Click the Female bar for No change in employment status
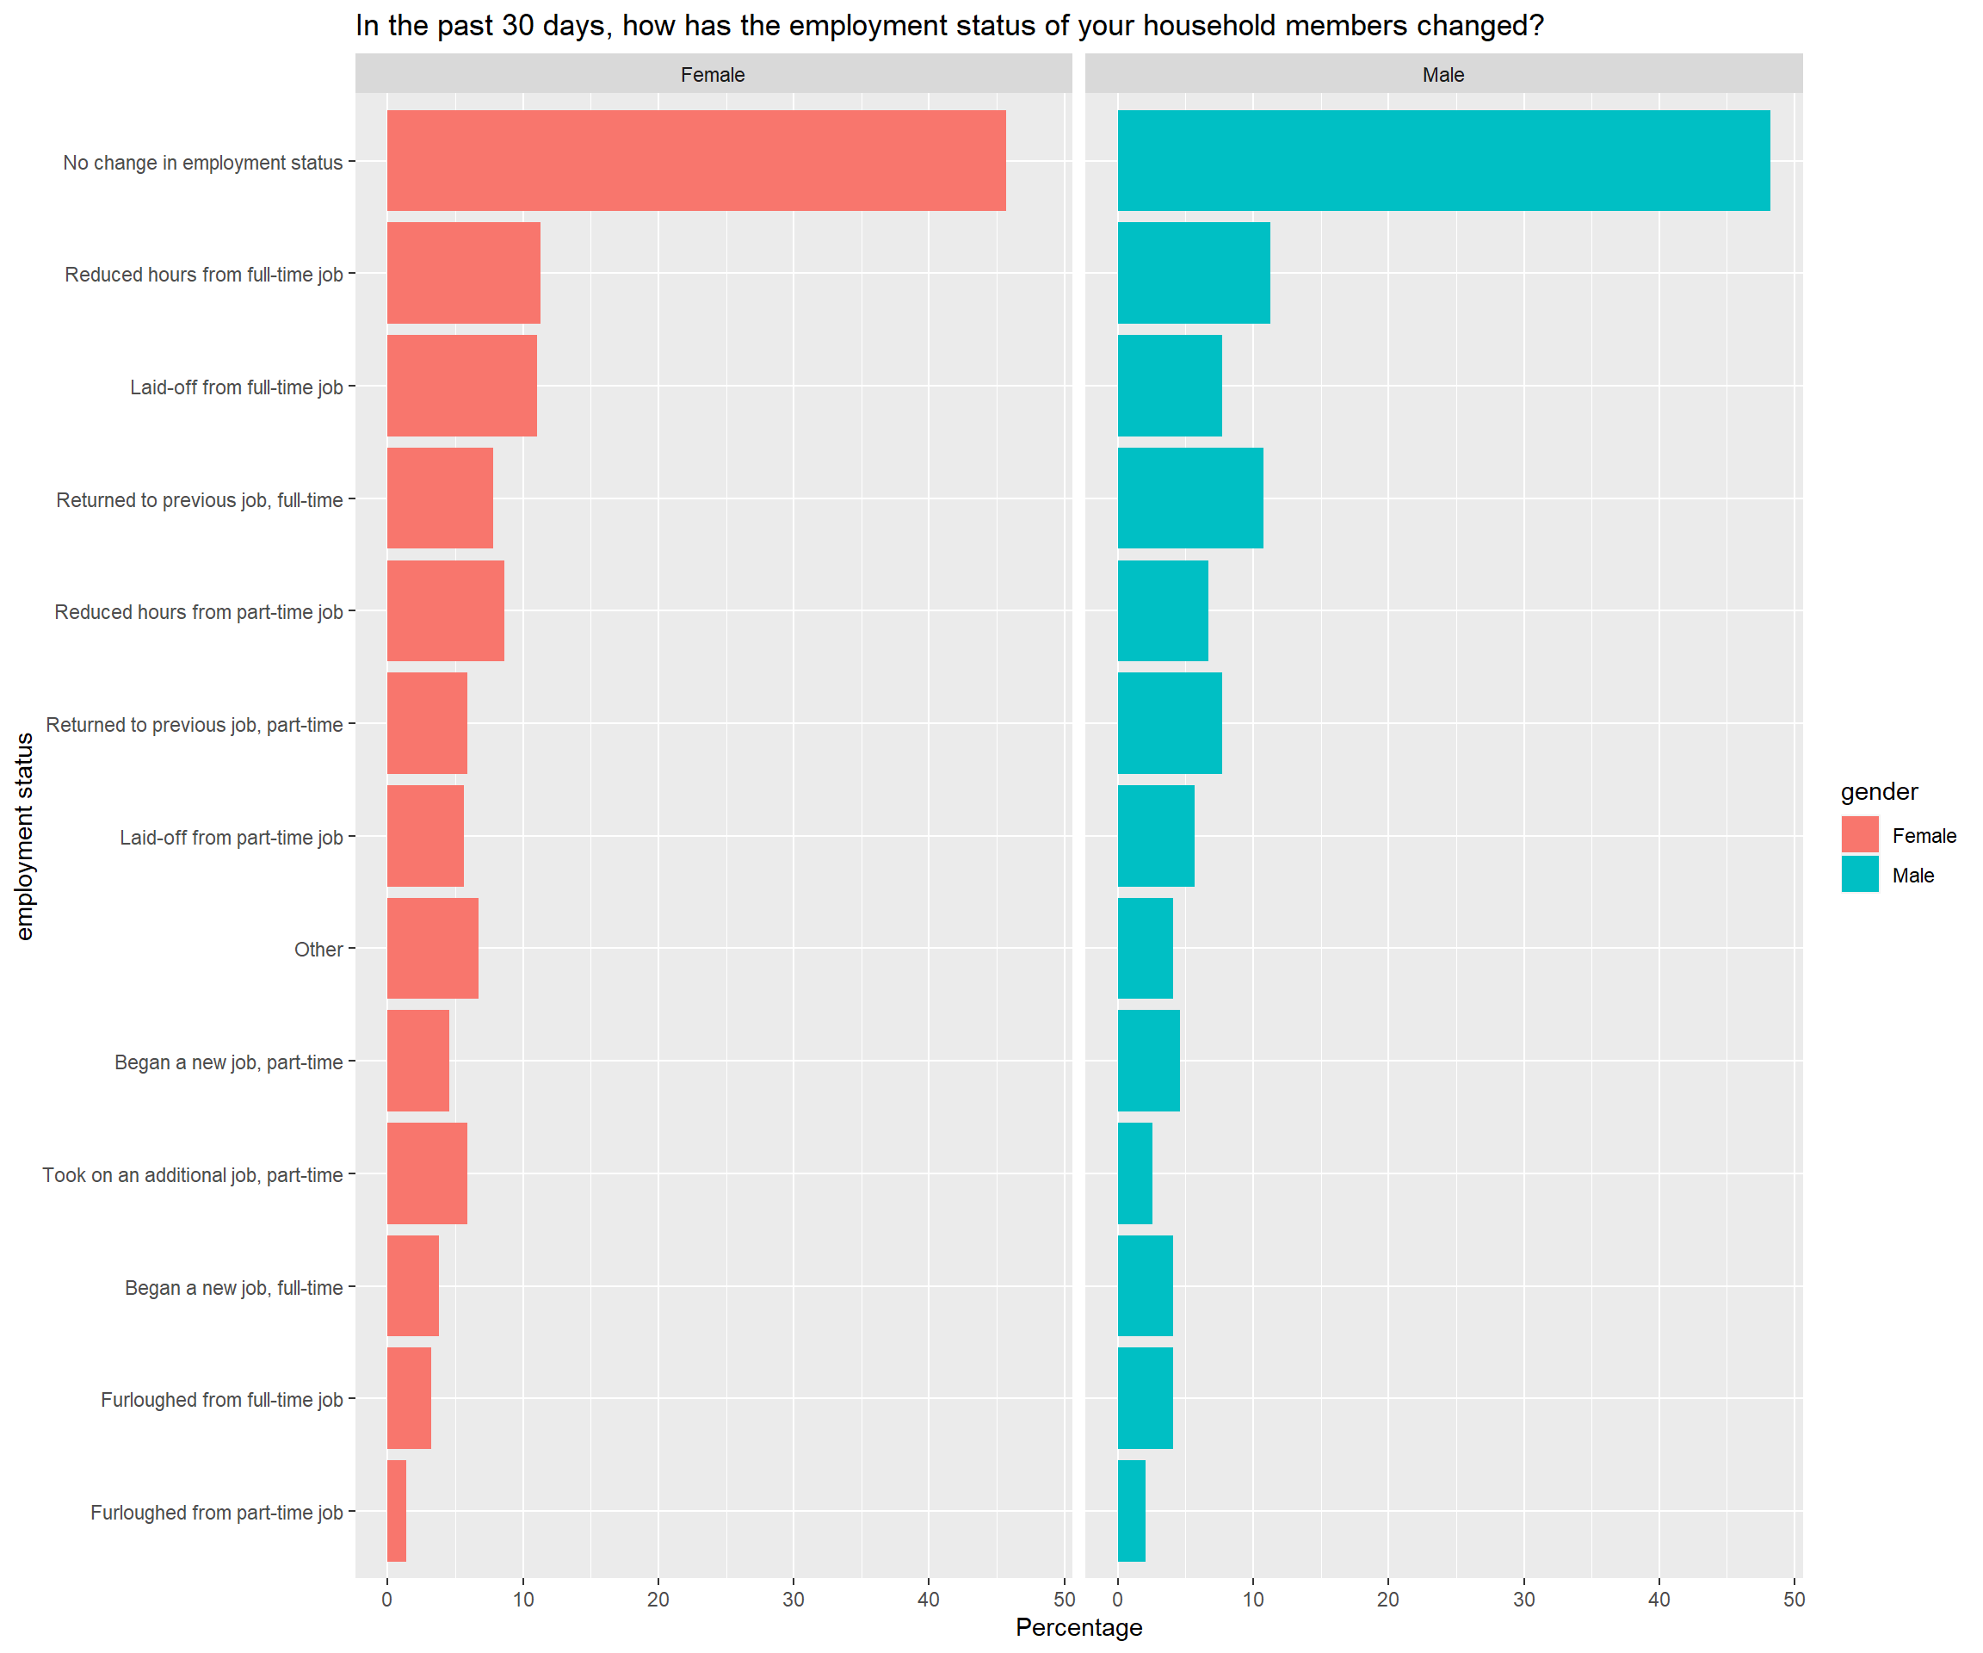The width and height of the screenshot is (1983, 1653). click(x=696, y=161)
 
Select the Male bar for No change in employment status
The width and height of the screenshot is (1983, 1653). click(x=1442, y=161)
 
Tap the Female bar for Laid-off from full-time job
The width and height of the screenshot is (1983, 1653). click(x=462, y=386)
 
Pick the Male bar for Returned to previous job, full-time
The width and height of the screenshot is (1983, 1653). click(x=1189, y=498)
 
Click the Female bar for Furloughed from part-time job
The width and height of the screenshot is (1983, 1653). click(x=397, y=1511)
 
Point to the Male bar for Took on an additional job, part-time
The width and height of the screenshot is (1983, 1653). click(x=1134, y=1173)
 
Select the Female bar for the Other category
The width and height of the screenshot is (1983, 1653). click(x=432, y=949)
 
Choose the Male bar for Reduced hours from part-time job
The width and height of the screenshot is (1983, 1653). click(x=1163, y=610)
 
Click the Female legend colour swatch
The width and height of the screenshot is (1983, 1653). click(x=1859, y=835)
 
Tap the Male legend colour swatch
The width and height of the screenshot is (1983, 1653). click(x=1859, y=875)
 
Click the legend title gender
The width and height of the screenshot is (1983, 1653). click(x=1879, y=791)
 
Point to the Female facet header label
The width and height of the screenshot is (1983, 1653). click(x=713, y=75)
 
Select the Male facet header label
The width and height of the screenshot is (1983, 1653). click(x=1442, y=75)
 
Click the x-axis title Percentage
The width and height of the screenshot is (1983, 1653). click(x=1078, y=1627)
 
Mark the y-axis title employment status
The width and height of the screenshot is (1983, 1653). click(x=25, y=836)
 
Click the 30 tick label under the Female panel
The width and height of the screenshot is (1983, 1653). click(x=794, y=1599)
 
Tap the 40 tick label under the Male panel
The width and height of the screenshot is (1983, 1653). click(x=1659, y=1599)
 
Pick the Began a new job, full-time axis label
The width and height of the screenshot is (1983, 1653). click(x=233, y=1287)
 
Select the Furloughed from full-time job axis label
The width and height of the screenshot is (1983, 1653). click(x=222, y=1400)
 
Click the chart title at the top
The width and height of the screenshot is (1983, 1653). click(x=949, y=26)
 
